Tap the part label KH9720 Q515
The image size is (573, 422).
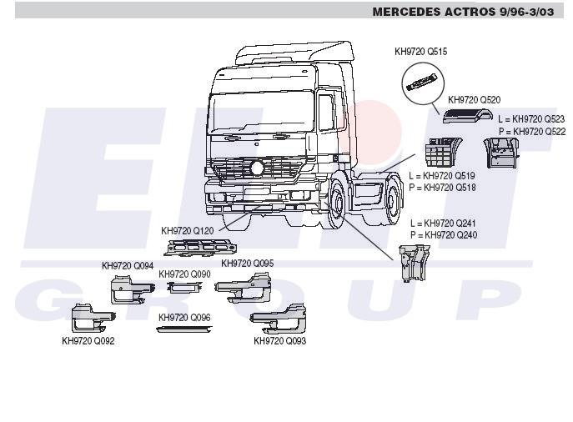[420, 52]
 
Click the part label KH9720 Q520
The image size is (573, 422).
[474, 100]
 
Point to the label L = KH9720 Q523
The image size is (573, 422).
[531, 119]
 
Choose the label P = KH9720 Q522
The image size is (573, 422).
[531, 132]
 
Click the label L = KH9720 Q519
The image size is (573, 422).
[442, 176]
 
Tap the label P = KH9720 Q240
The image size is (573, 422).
[444, 235]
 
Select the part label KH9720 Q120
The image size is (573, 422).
[188, 230]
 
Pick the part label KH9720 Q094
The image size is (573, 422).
[128, 266]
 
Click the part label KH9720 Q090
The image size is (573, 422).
[184, 274]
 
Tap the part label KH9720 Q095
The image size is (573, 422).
[247, 264]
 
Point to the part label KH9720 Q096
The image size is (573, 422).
[184, 318]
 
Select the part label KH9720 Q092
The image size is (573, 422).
[88, 340]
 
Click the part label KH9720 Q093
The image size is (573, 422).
[279, 340]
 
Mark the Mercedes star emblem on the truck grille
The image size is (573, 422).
[257, 168]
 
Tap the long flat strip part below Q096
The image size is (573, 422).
[183, 329]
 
